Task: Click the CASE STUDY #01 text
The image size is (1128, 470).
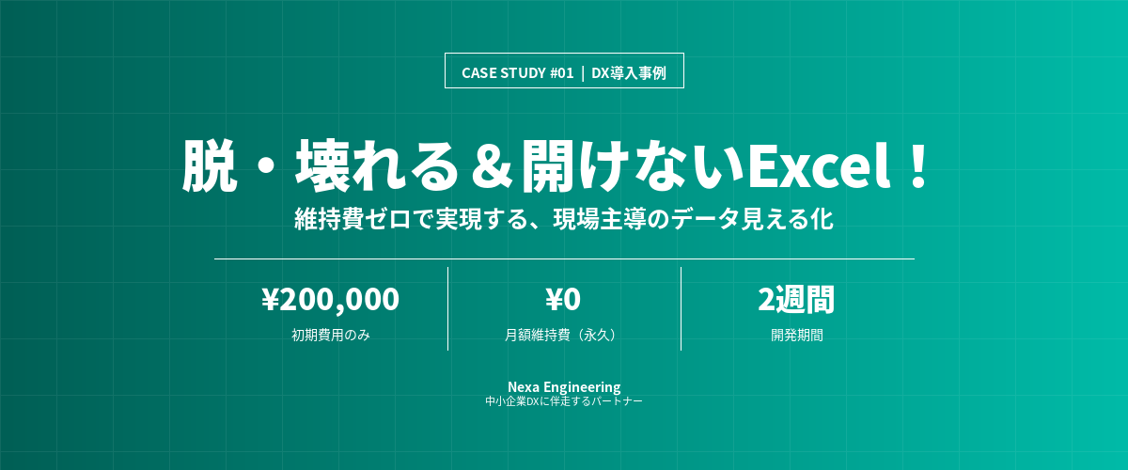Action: click(x=518, y=73)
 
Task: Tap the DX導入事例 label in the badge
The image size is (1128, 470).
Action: click(x=629, y=73)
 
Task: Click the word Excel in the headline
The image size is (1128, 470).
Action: click(x=821, y=164)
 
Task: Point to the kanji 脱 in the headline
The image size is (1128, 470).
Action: click(x=210, y=165)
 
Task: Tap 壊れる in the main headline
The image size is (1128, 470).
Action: click(x=378, y=165)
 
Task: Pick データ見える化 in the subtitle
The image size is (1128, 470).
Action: click(x=752, y=219)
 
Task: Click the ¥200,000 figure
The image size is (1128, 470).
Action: click(x=330, y=299)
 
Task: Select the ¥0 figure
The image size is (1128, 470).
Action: click(x=563, y=299)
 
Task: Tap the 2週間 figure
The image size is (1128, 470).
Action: click(x=796, y=299)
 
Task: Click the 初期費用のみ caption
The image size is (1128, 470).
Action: click(x=331, y=335)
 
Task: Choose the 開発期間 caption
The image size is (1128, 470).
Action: click(x=797, y=335)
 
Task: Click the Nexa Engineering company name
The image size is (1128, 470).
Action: click(x=564, y=387)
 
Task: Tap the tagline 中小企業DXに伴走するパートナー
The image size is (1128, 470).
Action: click(x=564, y=401)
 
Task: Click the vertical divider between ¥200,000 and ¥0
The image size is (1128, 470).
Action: click(x=447, y=308)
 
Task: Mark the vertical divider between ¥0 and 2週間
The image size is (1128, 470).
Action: click(x=681, y=308)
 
